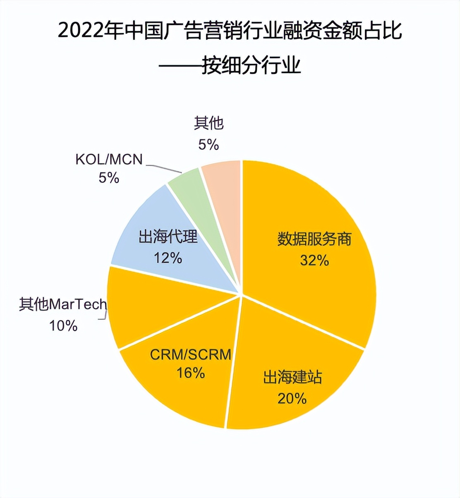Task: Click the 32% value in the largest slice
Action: click(x=314, y=260)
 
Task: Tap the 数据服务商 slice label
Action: click(x=314, y=239)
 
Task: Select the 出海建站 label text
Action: click(x=292, y=377)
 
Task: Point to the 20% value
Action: click(x=292, y=398)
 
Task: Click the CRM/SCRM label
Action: click(x=190, y=354)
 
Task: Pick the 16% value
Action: click(x=190, y=373)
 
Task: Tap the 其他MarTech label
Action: click(x=63, y=305)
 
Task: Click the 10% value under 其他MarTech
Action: click(x=63, y=326)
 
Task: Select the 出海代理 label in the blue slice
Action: click(x=168, y=237)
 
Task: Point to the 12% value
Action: click(x=168, y=258)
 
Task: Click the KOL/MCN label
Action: click(x=109, y=159)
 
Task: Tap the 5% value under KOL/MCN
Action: click(x=109, y=178)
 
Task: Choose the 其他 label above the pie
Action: click(x=208, y=123)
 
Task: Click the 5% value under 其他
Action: click(x=208, y=144)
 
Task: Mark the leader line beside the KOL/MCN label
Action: click(x=163, y=168)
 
